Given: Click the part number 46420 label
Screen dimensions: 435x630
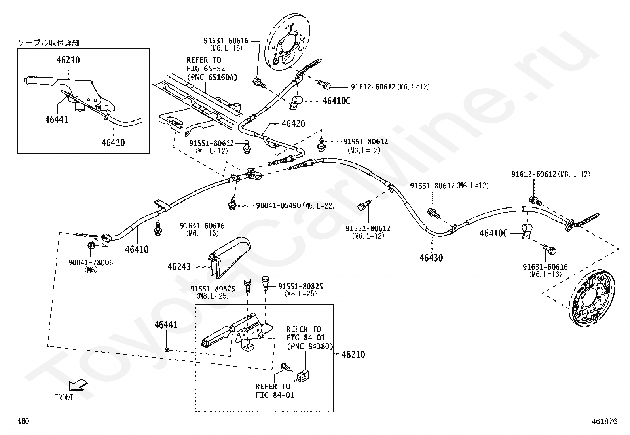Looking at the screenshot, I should (x=293, y=124).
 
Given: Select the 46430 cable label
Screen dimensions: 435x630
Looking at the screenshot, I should (x=431, y=258).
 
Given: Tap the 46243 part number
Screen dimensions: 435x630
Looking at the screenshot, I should (x=179, y=267).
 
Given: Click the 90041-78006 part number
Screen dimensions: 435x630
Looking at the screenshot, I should (x=91, y=262).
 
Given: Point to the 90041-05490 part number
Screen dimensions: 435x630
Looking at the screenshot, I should (x=278, y=205).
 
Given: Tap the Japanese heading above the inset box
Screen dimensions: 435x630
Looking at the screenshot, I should (x=52, y=43).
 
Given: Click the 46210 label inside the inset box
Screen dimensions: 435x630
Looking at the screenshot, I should (x=68, y=60).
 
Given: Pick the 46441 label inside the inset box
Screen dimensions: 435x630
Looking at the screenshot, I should (x=57, y=119).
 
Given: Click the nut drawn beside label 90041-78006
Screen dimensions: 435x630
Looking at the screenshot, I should (x=90, y=245).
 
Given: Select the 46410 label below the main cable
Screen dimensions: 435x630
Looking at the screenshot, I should (x=137, y=249).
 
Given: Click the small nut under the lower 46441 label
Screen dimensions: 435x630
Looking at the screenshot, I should (x=167, y=350).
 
